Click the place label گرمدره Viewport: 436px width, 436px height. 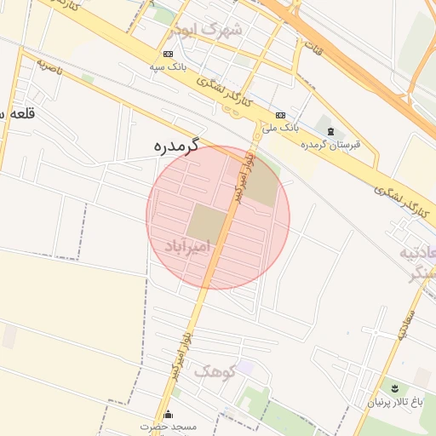coord(176,145)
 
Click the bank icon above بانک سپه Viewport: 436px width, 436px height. coord(168,54)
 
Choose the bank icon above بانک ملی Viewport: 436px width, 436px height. coord(281,116)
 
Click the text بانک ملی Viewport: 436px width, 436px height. coord(279,129)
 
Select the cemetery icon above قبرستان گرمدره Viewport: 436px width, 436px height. coord(330,131)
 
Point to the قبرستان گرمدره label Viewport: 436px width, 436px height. coord(330,144)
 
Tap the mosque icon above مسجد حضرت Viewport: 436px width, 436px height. coord(168,415)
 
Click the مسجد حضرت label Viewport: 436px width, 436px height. coord(169,426)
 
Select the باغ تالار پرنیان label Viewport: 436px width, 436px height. coord(395,401)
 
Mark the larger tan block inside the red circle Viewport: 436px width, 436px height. coord(207,222)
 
